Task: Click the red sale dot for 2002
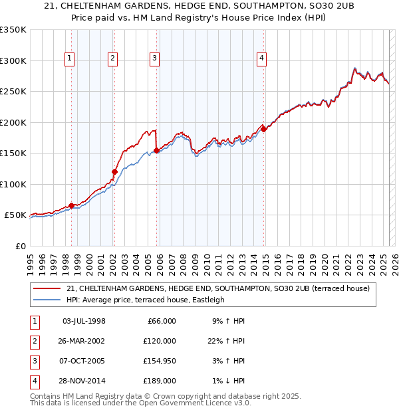pos(114,171)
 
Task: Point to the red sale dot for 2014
pos(263,129)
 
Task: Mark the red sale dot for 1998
pos(71,205)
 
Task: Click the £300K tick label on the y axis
pos(13,60)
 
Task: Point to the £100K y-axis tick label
pos(13,184)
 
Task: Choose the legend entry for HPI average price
pos(146,300)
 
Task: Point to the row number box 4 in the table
pos(33,381)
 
